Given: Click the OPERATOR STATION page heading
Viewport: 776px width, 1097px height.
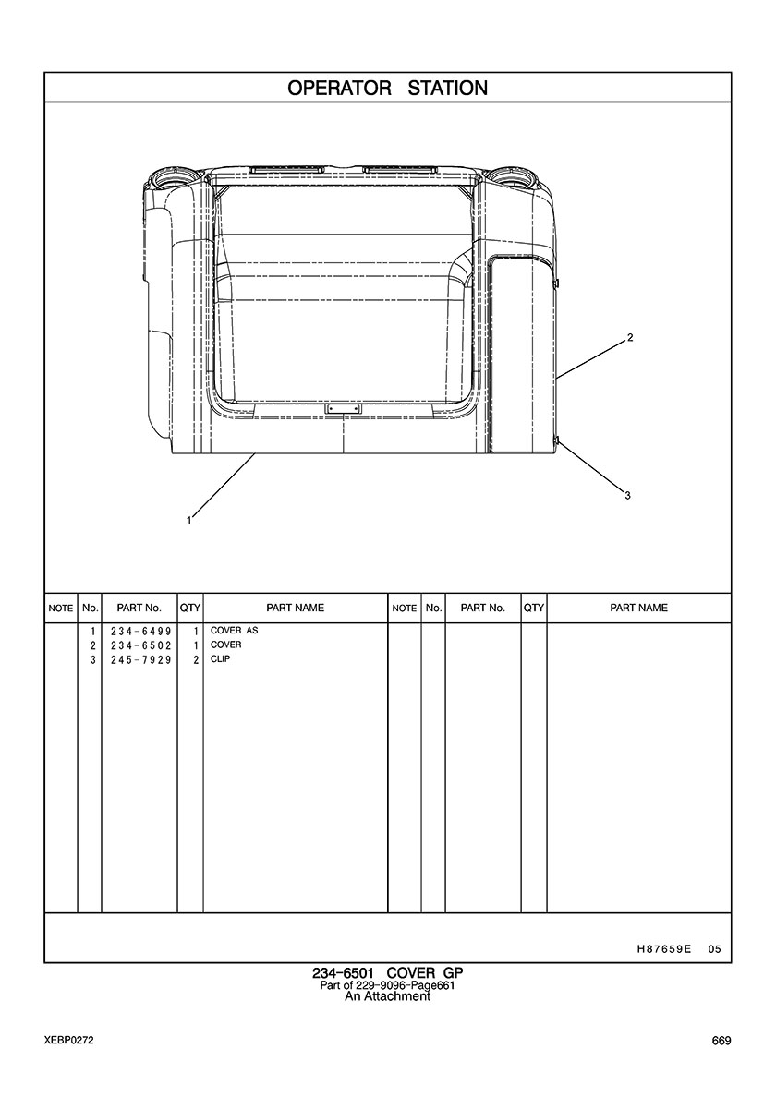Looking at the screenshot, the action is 388,88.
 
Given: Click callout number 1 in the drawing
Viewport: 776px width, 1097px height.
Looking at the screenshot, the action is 189,520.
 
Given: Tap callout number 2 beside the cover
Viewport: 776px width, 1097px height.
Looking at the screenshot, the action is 630,337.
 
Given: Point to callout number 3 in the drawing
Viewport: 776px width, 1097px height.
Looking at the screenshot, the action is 627,495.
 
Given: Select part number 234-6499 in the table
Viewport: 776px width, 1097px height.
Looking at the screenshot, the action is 140,631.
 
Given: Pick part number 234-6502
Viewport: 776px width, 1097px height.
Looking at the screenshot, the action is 140,645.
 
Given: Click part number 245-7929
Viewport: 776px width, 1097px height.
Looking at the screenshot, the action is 140,659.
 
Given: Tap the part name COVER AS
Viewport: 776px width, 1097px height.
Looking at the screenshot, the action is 235,631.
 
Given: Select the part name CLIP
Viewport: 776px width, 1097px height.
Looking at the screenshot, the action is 220,659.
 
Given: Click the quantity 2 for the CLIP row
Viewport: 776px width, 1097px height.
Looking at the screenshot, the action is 196,659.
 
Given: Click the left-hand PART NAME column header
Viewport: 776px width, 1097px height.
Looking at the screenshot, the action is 296,608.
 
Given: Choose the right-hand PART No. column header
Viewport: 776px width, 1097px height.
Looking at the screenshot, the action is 483,608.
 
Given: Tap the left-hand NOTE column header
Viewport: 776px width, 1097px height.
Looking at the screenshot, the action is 61,609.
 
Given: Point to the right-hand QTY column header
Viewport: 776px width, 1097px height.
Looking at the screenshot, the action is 534,608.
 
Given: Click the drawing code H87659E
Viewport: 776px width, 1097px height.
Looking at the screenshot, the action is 664,949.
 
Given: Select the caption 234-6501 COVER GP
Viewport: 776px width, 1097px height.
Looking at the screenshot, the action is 388,973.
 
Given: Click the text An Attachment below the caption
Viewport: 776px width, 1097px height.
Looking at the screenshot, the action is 388,996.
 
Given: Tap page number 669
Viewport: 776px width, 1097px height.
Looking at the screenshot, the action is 721,1041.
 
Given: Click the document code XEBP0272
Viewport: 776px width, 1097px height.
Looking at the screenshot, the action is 68,1041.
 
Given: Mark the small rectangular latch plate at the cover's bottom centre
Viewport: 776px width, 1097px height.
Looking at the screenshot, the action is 343,408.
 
